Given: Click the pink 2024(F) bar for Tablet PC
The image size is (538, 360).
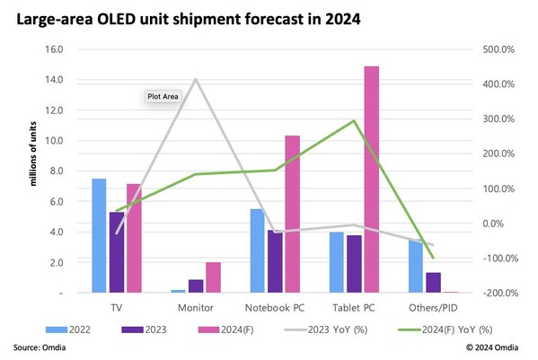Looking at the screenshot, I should [371, 180].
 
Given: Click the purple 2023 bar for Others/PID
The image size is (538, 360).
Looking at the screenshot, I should [433, 283].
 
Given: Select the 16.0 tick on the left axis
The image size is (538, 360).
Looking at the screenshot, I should [51, 49].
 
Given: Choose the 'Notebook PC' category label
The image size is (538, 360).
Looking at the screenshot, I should [276, 307].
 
